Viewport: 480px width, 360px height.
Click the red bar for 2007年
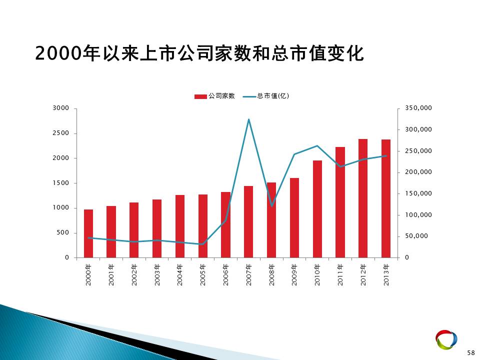(248, 221)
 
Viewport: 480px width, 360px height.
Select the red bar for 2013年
(386, 198)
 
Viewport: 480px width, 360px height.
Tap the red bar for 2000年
(88, 233)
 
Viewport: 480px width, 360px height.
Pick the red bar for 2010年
(317, 209)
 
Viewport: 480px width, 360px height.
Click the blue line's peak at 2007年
(249, 119)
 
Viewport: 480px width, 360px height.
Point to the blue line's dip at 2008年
(271, 206)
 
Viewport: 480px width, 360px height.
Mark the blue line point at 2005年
(202, 244)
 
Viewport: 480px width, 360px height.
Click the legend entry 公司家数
(214, 96)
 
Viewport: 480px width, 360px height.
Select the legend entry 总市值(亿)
(266, 96)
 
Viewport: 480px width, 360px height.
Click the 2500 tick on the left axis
(60, 133)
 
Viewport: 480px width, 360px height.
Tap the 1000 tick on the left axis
(60, 207)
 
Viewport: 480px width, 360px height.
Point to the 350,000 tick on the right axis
(418, 108)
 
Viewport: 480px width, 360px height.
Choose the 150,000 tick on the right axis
(418, 193)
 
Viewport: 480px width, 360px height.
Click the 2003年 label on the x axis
(157, 274)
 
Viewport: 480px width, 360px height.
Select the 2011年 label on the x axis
(340, 274)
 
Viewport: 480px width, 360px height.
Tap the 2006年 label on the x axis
(226, 274)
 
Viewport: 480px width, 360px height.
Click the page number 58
(471, 352)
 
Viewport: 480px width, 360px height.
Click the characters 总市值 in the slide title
(299, 53)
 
